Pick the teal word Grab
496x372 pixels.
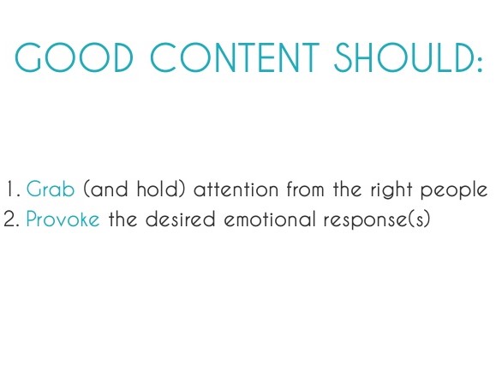pos(51,189)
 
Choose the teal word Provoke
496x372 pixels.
pos(63,219)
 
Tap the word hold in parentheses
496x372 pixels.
pos(155,189)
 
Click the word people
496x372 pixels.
pos(460,189)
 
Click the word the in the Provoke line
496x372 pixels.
pos(123,219)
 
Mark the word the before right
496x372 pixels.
pos(357,189)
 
